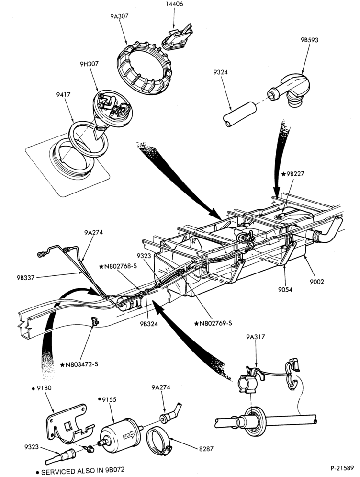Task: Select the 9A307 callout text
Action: (x=119, y=16)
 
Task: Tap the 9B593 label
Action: (x=309, y=40)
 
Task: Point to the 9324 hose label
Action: (x=221, y=72)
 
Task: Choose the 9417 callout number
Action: (x=64, y=95)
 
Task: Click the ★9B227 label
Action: (x=292, y=174)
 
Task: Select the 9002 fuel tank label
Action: (x=317, y=282)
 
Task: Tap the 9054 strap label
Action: (x=285, y=289)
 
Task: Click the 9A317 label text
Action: (x=256, y=337)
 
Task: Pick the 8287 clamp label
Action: (x=206, y=449)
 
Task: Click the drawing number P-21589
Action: (x=342, y=467)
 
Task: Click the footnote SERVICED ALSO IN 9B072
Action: (x=80, y=472)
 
